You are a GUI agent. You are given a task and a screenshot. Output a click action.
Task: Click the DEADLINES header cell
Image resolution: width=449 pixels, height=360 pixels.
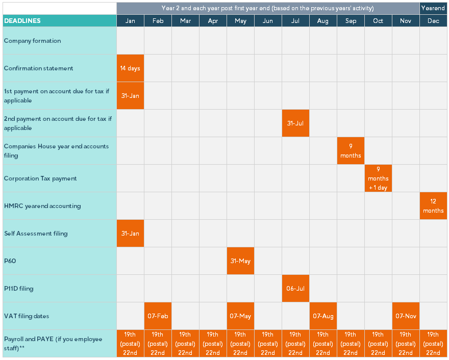pos(59,21)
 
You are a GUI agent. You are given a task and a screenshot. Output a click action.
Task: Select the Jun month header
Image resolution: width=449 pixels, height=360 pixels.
pos(268,21)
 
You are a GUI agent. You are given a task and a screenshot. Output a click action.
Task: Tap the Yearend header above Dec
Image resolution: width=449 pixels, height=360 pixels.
pos(433,8)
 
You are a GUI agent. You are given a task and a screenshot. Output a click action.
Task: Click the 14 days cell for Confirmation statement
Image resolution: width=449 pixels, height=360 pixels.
pos(130,68)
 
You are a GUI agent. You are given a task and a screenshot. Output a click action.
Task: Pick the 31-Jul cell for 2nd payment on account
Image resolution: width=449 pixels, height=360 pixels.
pos(295,123)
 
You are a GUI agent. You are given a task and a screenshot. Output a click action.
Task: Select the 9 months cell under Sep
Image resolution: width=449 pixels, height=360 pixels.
pos(351,151)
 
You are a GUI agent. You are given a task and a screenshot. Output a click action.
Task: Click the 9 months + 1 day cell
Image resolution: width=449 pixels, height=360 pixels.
pos(378,178)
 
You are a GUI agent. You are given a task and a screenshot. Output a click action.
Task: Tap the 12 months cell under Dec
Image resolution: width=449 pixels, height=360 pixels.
pos(433,206)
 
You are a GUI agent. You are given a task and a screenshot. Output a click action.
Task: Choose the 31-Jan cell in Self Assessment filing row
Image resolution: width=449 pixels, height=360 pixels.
pos(130,234)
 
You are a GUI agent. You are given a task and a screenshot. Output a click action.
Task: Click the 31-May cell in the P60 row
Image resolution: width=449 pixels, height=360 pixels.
pos(240,261)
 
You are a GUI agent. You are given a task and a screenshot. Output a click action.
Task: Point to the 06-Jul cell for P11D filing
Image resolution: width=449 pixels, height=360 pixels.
pos(295,289)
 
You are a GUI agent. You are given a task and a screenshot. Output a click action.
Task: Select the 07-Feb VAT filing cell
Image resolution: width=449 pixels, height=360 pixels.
pos(158,316)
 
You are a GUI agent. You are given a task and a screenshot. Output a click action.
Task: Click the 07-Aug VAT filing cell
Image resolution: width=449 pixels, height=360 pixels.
pos(323,316)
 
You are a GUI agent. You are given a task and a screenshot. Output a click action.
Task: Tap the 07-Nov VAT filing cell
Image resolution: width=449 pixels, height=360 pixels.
pos(406,316)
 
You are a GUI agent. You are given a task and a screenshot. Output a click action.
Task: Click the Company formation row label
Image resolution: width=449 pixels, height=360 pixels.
pos(32,41)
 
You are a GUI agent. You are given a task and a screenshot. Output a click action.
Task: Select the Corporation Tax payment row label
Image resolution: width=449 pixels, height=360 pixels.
pos(40,178)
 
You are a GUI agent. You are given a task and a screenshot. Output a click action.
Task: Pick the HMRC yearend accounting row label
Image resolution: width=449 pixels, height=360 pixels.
pos(42,206)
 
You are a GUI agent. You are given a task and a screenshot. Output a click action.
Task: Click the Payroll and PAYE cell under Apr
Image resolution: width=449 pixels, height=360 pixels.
pos(213,344)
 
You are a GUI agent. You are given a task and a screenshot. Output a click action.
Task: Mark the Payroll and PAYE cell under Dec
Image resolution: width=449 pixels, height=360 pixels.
pos(433,344)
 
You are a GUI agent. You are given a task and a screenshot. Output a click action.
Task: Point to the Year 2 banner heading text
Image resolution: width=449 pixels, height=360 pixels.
pos(268,8)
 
